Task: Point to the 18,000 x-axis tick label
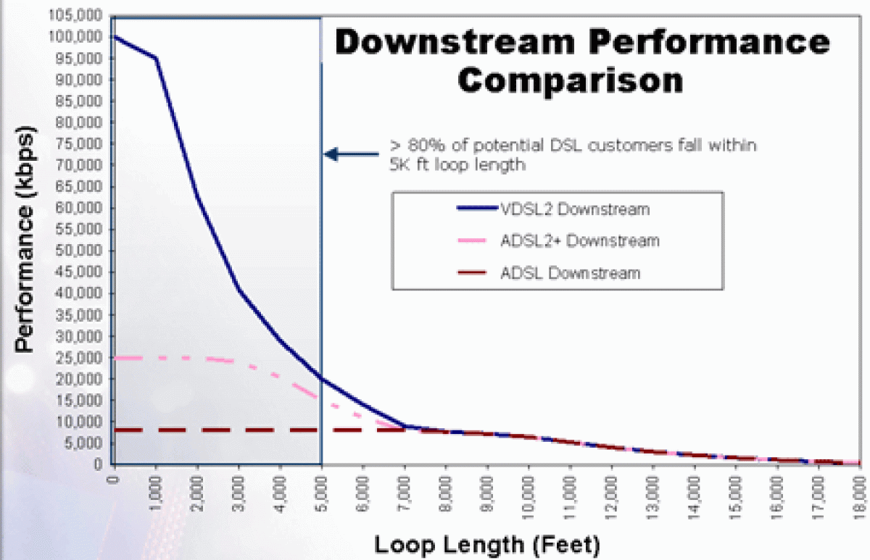(860, 490)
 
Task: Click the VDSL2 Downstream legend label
(574, 210)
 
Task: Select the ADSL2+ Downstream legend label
(580, 241)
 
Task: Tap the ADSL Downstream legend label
(570, 273)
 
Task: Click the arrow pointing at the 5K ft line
(352, 154)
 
